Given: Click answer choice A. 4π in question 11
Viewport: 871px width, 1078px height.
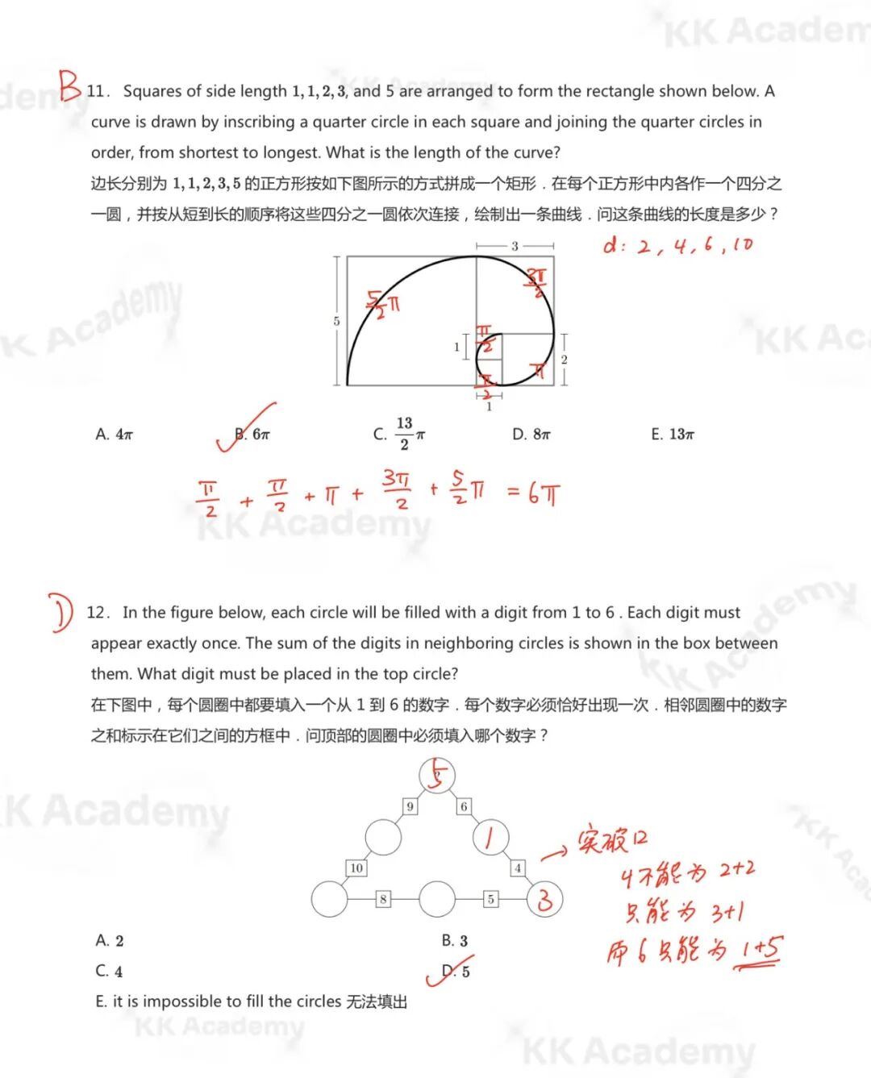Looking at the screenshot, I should (114, 435).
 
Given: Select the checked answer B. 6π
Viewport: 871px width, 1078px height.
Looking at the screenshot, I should (252, 435).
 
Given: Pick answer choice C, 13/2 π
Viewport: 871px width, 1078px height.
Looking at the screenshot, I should (399, 434).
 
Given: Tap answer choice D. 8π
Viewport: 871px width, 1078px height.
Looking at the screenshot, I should (531, 435).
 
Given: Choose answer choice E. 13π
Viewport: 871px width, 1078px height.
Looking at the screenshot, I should (672, 435).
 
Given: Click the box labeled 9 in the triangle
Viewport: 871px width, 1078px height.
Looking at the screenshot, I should (410, 806).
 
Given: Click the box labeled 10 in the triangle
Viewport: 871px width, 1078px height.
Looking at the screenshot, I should (356, 868).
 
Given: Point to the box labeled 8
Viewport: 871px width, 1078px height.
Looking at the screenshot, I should (383, 899).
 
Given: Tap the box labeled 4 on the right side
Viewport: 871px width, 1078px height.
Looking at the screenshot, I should (518, 868).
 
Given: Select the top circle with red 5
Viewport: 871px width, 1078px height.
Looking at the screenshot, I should (437, 776).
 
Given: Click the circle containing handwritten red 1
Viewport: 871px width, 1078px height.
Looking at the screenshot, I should (490, 838).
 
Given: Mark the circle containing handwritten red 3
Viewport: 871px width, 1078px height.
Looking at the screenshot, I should (544, 899).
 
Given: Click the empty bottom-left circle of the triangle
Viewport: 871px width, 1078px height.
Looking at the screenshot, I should (329, 899).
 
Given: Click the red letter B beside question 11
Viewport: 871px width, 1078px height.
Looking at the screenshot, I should (70, 85).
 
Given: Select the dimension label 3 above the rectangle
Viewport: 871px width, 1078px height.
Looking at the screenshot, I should (515, 246).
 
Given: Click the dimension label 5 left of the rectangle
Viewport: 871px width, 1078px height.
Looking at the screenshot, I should (336, 321).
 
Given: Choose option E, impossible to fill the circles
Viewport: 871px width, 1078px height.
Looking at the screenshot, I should (251, 1001).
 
